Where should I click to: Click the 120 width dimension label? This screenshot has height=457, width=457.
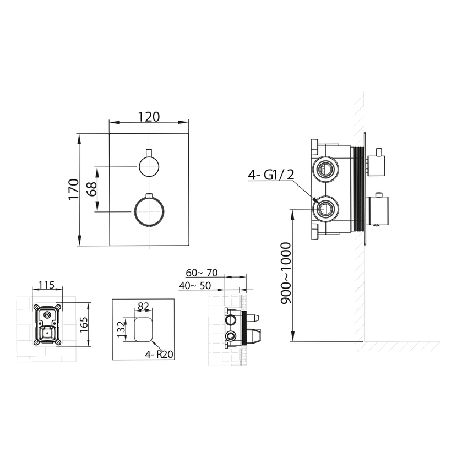pos(149,117)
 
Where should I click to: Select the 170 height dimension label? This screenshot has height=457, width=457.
pos(74,189)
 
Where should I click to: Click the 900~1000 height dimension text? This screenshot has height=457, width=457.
pos(286,273)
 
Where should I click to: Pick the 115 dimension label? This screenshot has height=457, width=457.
pos(47,285)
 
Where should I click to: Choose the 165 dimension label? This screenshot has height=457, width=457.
pos(84,325)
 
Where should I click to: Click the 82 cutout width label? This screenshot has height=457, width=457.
pos(143,306)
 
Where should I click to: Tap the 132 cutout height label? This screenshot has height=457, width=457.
pos(121,330)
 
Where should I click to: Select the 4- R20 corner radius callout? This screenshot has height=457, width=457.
pos(159,355)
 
